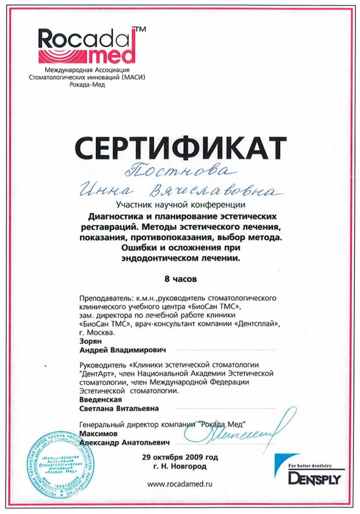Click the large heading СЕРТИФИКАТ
click(180, 147)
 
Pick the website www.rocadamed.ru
click(180, 484)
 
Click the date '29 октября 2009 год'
click(180, 457)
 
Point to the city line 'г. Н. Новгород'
click(180, 466)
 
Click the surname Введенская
click(98, 399)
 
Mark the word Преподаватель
click(105, 298)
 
